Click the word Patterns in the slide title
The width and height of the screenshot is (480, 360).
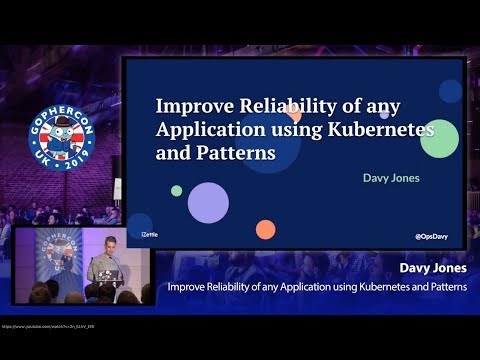233,154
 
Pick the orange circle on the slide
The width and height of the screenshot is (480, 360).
265,230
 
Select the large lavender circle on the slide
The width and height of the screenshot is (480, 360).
209,202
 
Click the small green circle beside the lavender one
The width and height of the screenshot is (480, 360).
177,190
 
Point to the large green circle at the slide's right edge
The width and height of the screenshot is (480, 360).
439,139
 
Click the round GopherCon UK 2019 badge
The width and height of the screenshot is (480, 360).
61,140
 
